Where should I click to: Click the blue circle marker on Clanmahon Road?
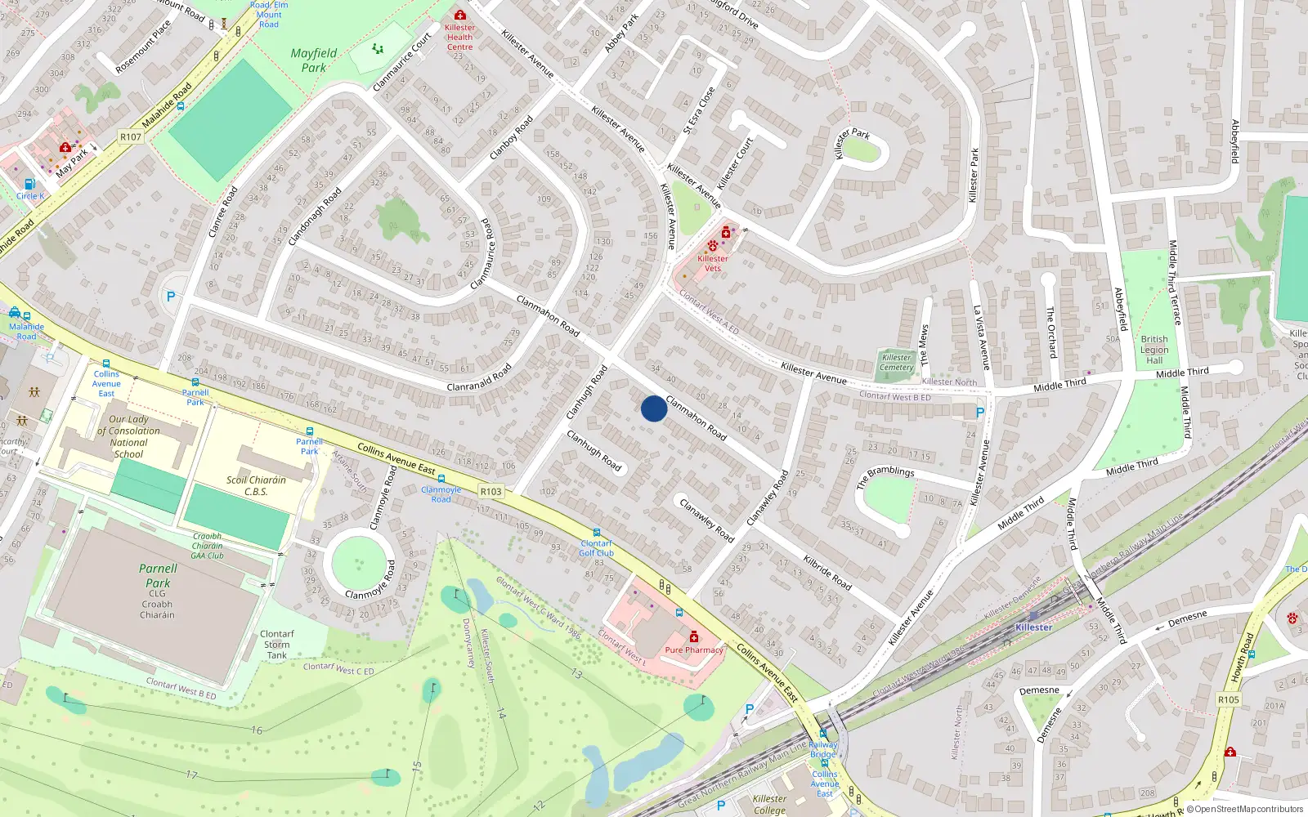(653, 408)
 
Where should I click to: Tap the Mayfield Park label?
(314, 60)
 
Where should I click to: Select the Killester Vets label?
(712, 263)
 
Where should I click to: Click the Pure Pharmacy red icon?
(694, 636)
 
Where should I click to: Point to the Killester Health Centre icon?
(460, 16)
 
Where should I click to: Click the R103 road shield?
(490, 491)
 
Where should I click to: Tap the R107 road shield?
(131, 136)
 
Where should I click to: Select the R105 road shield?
(1228, 699)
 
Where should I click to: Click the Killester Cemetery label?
(897, 363)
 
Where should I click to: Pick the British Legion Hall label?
(1154, 350)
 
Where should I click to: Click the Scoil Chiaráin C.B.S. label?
(256, 486)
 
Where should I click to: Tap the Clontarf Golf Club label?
(597, 548)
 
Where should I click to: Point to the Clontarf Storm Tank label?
(277, 645)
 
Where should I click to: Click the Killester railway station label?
(1034, 627)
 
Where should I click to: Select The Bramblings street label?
(885, 477)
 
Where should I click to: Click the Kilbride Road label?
(827, 573)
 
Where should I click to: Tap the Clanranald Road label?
(479, 377)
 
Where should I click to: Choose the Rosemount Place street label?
(143, 47)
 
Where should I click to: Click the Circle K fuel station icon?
(30, 185)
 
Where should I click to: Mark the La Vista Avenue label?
(981, 337)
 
